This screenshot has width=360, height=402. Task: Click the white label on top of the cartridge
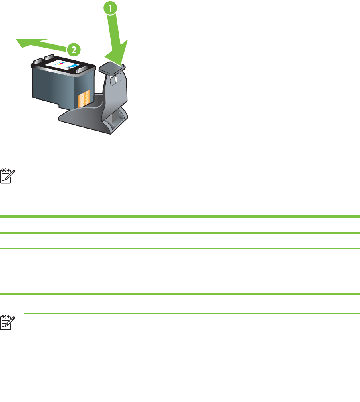tap(64, 64)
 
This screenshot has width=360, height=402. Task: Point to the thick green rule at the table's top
tap(180, 217)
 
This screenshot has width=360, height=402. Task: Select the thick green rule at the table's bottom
tap(180, 293)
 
